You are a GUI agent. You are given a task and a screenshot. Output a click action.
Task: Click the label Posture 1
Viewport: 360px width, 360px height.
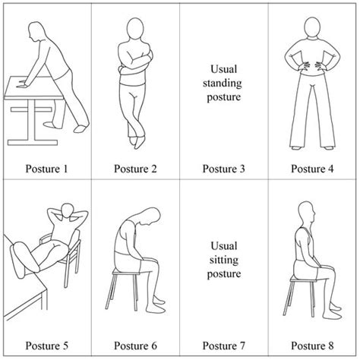[45, 168]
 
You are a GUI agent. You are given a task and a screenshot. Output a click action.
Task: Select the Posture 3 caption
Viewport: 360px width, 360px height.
[224, 168]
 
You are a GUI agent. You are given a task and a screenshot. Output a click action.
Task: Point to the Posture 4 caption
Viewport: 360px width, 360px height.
[314, 168]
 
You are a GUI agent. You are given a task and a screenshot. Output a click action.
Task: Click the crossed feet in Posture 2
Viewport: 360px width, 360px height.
[134, 141]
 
